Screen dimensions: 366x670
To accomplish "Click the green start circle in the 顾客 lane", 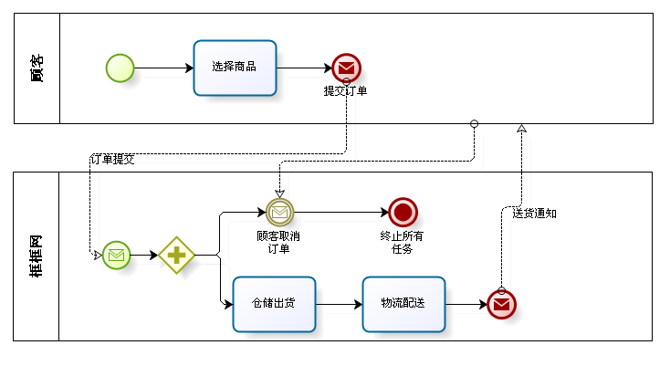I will [x=120, y=68].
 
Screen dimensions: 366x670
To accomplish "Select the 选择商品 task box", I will [x=235, y=68].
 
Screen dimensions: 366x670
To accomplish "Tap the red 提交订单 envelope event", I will [x=346, y=68].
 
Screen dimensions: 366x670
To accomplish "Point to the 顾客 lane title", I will [x=36, y=68].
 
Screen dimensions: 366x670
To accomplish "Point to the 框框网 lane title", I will [x=36, y=256].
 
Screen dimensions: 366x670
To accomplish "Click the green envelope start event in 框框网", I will [x=116, y=256].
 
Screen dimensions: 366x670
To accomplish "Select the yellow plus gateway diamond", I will [x=176, y=256].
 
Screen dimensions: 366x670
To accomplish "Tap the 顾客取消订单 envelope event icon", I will [x=279, y=213].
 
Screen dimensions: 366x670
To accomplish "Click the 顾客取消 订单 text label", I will [x=278, y=242].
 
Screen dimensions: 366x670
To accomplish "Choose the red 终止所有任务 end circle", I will [x=403, y=213].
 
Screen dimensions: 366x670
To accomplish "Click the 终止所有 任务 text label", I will [x=402, y=242].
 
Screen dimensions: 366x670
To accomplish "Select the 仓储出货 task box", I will [x=274, y=303].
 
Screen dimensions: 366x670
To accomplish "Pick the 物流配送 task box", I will [x=403, y=303].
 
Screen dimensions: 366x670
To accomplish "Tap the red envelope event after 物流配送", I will [x=501, y=304].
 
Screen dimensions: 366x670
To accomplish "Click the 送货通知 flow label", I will [x=534, y=214].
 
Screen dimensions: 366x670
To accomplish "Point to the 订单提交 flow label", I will [x=112, y=159].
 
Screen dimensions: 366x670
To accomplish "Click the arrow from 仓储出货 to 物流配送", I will [x=339, y=303].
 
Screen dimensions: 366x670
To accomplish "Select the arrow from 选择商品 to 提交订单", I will [x=304, y=68].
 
